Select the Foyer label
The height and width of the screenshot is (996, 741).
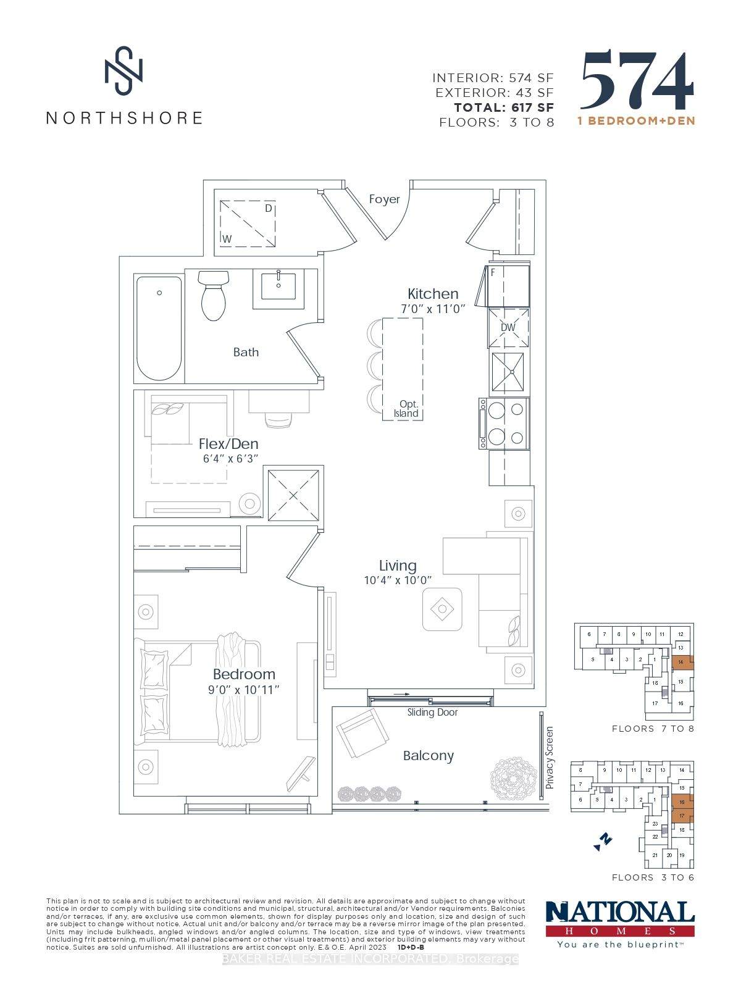pyautogui.click(x=384, y=199)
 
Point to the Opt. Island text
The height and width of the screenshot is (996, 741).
pyautogui.click(x=406, y=409)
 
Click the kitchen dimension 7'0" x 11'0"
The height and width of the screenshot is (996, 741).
pyautogui.click(x=433, y=308)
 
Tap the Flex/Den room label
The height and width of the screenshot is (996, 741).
pyautogui.click(x=228, y=443)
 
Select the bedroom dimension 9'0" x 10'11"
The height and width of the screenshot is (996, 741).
pyautogui.click(x=244, y=689)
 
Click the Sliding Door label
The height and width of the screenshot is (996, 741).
pyautogui.click(x=432, y=712)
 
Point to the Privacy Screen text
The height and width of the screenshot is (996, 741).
pyautogui.click(x=549, y=757)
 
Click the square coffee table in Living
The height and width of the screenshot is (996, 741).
pyautogui.click(x=442, y=609)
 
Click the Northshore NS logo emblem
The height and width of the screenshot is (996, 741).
pyautogui.click(x=124, y=70)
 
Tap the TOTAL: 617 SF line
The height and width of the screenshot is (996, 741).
pyautogui.click(x=504, y=107)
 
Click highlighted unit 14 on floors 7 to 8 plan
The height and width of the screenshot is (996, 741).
pyautogui.click(x=681, y=662)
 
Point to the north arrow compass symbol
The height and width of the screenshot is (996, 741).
pyautogui.click(x=603, y=840)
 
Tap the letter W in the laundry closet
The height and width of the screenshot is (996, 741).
pyautogui.click(x=227, y=238)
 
